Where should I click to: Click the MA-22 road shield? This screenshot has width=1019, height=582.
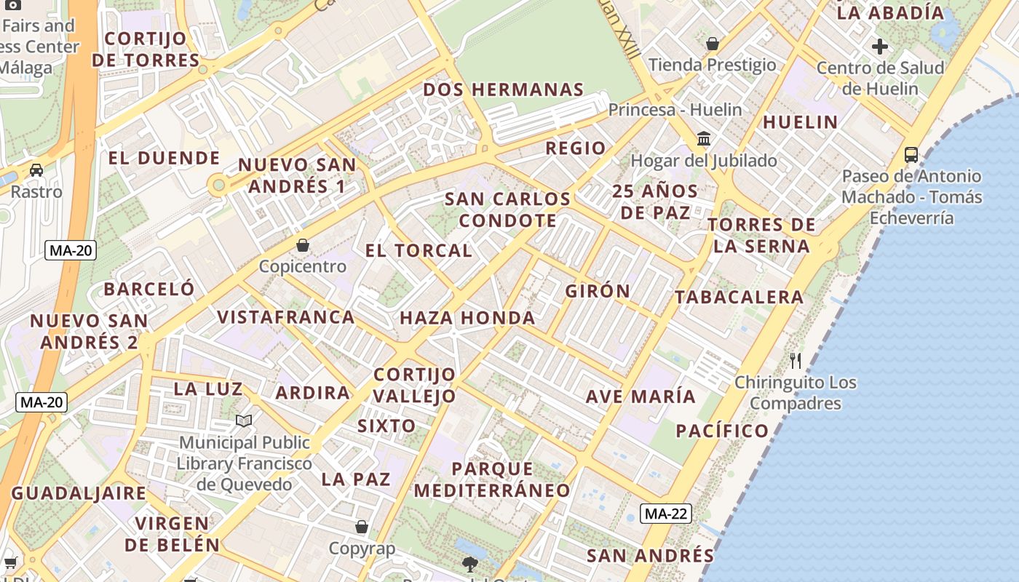click(666, 514)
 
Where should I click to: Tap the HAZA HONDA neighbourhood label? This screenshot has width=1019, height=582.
click(467, 318)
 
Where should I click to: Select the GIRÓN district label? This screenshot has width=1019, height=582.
click(598, 292)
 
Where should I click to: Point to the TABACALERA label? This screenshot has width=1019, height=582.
click(739, 297)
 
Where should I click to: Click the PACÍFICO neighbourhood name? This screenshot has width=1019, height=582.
click(722, 431)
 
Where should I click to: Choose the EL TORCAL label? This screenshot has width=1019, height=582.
click(419, 251)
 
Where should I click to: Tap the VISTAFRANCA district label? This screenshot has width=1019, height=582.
click(286, 317)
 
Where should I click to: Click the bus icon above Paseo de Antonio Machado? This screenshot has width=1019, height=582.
click(911, 154)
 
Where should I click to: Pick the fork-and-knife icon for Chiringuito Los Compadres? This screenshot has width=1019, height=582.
click(796, 360)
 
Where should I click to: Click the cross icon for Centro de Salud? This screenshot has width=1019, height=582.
click(880, 47)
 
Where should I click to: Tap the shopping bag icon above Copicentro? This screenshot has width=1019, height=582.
click(303, 245)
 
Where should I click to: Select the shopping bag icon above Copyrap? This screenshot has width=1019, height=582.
click(362, 527)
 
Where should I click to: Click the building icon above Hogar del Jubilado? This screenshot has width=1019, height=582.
click(704, 138)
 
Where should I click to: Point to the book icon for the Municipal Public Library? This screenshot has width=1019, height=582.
click(244, 420)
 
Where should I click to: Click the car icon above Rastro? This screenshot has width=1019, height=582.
click(36, 170)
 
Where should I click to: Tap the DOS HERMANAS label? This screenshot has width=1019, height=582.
click(504, 90)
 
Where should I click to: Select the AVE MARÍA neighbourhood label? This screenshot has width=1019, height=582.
click(641, 397)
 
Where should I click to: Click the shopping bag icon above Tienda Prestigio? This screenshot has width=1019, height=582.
click(713, 44)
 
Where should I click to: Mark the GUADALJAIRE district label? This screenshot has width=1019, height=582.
click(79, 493)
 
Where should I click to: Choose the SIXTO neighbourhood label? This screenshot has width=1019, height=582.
click(386, 426)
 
